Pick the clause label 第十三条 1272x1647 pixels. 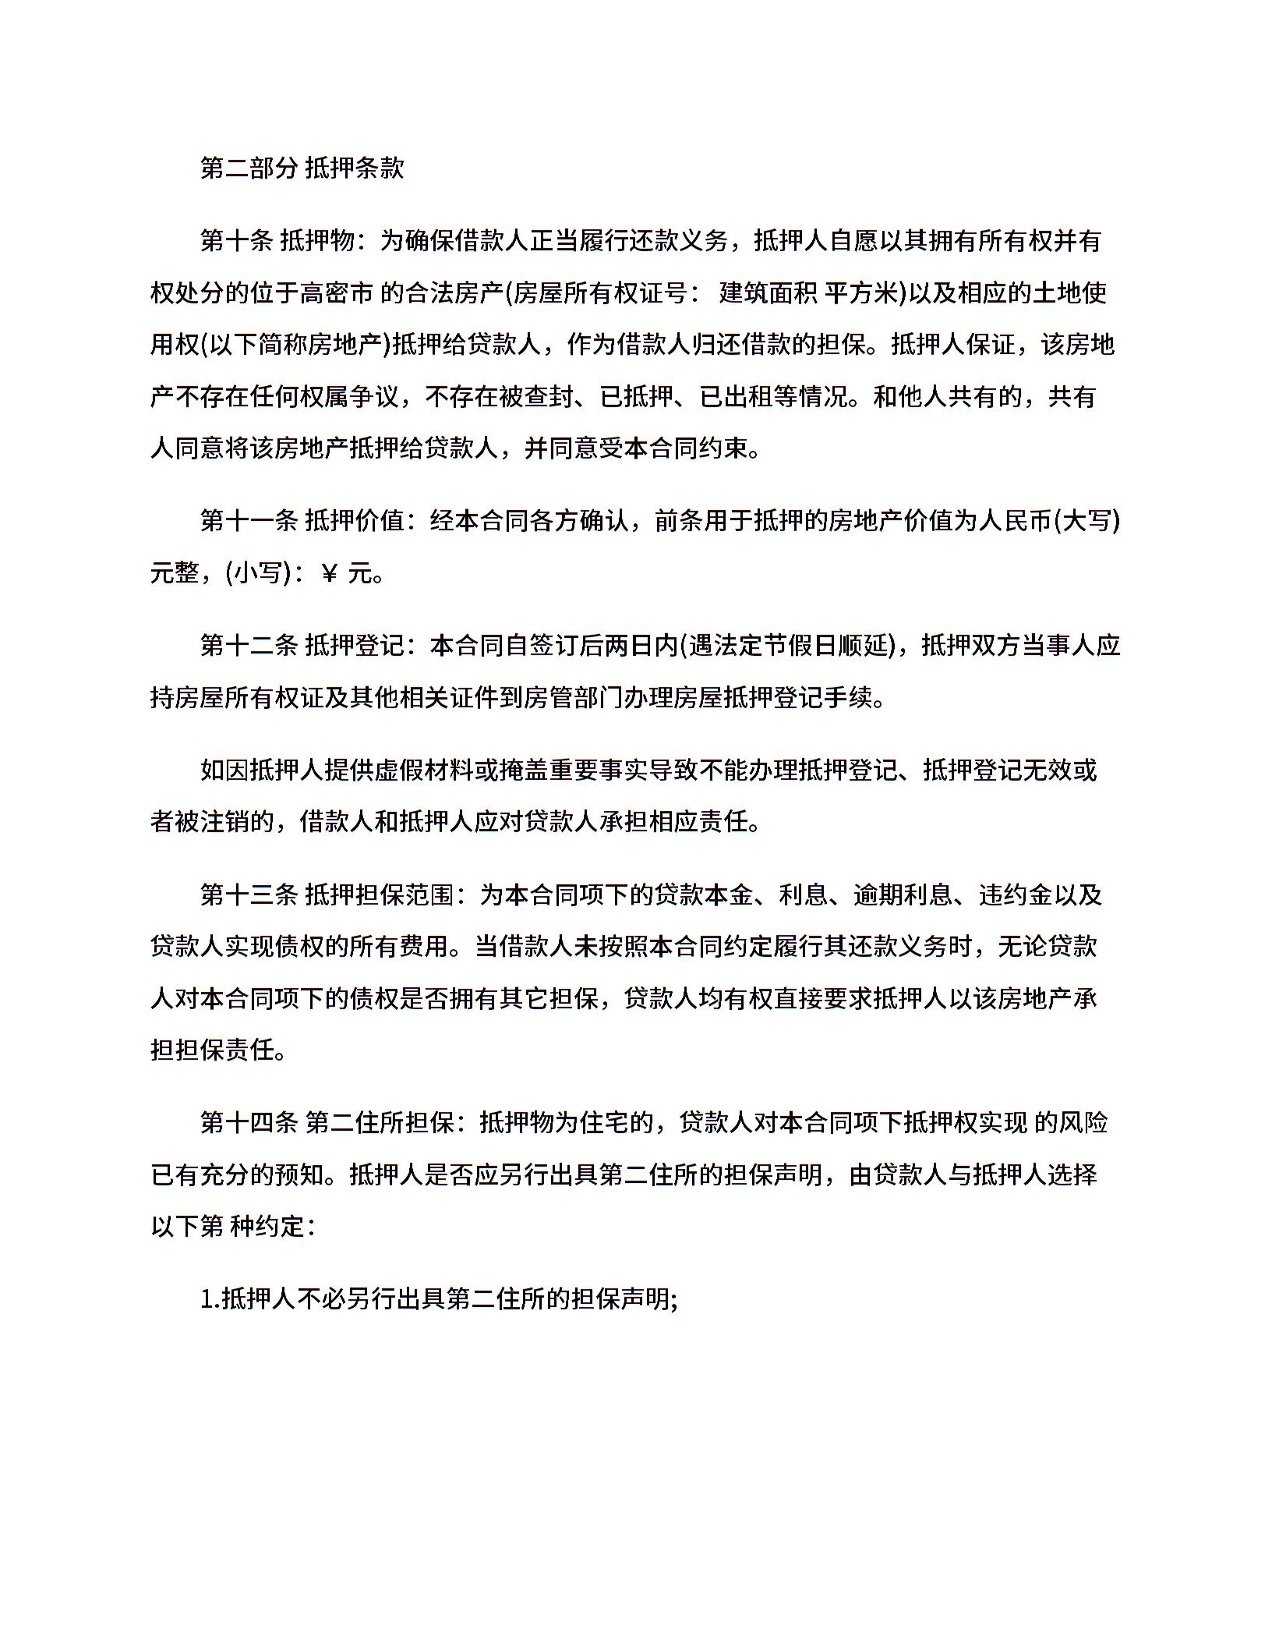pos(249,895)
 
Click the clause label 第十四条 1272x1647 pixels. pos(249,1123)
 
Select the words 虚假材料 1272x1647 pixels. pos(424,770)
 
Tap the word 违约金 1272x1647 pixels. pos(1016,895)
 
